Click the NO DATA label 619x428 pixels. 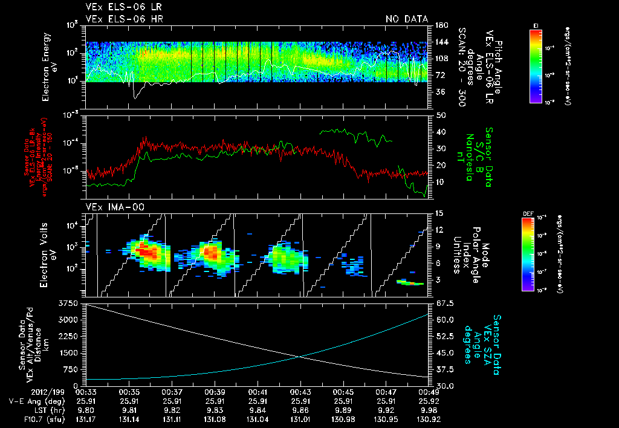[406, 19]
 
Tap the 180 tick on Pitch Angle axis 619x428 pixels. [441, 25]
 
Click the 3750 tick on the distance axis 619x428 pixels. [70, 302]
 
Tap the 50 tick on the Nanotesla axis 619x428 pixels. [441, 115]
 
